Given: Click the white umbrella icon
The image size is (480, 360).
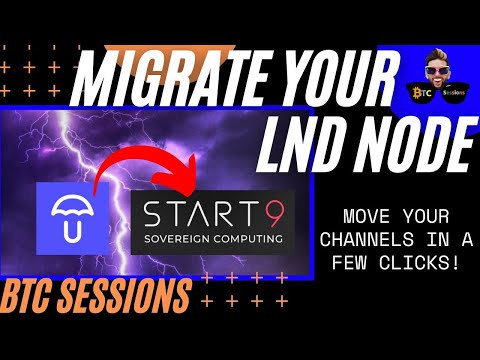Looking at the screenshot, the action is point(72,218).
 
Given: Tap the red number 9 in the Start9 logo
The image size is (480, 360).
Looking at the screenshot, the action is point(277,214).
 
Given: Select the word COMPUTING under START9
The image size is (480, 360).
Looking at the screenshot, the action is point(249,239).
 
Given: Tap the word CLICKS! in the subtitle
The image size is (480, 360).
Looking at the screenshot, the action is point(419,263).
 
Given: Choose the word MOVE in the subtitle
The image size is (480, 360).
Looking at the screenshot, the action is point(366,216).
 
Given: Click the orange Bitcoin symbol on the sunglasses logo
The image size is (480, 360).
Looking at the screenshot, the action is point(417,93).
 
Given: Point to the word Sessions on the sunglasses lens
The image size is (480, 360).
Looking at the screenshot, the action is point(454,92).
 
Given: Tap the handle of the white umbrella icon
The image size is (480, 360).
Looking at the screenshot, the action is point(72,231).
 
